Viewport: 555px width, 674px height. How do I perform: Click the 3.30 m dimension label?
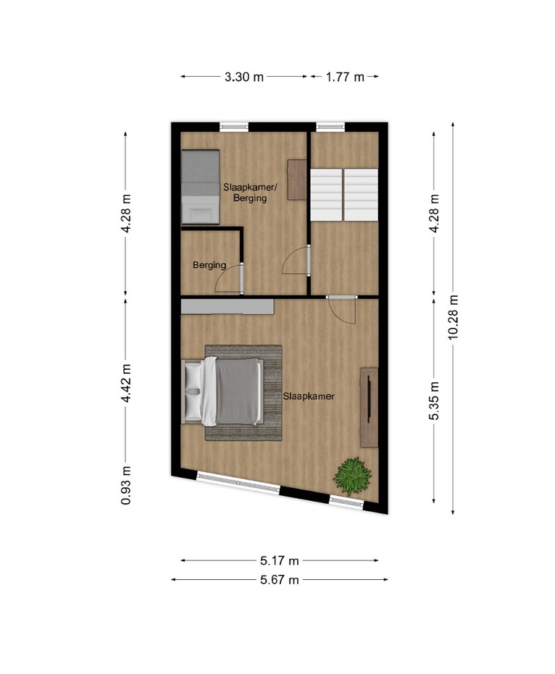click(x=244, y=77)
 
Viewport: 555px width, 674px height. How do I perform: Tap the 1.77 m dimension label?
click(x=345, y=77)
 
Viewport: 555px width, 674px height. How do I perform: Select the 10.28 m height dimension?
click(x=453, y=317)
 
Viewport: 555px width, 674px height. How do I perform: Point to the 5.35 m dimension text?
click(x=434, y=400)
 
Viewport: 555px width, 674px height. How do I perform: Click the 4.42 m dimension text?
click(x=125, y=384)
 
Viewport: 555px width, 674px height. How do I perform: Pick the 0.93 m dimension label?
click(x=125, y=485)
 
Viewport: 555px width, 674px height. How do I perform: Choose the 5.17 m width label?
click(x=279, y=560)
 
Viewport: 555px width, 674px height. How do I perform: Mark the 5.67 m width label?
click(x=279, y=580)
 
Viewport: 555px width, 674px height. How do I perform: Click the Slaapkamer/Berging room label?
click(x=251, y=193)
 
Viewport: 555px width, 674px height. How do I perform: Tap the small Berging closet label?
click(x=209, y=265)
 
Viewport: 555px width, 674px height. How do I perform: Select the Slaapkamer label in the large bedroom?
click(x=309, y=396)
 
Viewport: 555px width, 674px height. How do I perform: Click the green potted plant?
click(x=352, y=476)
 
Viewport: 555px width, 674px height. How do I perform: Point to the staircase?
click(x=344, y=195)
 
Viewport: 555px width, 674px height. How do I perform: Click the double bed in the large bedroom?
click(x=222, y=392)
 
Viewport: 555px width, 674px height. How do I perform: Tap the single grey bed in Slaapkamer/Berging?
click(x=201, y=187)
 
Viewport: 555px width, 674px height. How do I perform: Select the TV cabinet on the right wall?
click(x=369, y=408)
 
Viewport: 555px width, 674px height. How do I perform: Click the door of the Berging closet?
click(x=229, y=279)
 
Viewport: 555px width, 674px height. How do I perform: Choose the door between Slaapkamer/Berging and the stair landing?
click(x=296, y=259)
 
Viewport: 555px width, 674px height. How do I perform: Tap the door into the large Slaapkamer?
click(x=341, y=310)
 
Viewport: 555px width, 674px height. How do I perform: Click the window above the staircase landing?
click(x=330, y=127)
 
